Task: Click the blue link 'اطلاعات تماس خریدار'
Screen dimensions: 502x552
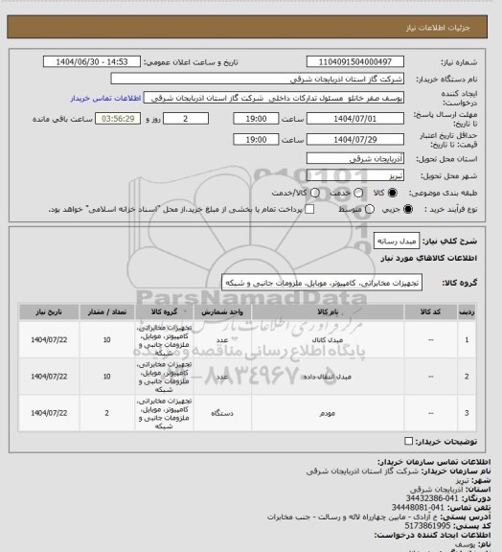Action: [x=105, y=98]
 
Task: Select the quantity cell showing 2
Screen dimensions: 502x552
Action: [x=106, y=413]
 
